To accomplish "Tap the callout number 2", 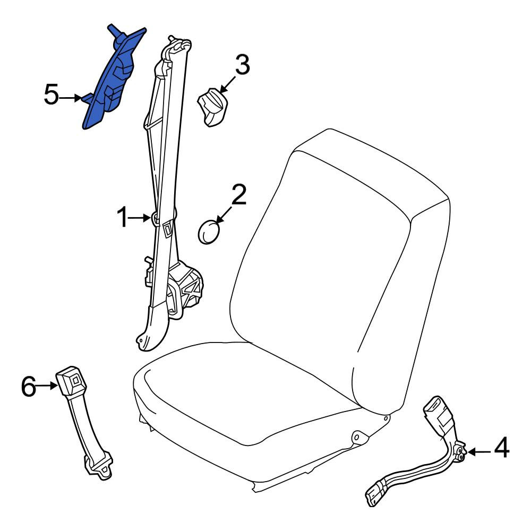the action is point(239,195).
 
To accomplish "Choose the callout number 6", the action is point(29,387).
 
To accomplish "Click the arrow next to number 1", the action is point(139,218).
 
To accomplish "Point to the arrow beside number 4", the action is point(479,452).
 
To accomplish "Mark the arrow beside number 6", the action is point(47,386).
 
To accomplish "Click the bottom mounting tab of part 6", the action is point(99,467).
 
